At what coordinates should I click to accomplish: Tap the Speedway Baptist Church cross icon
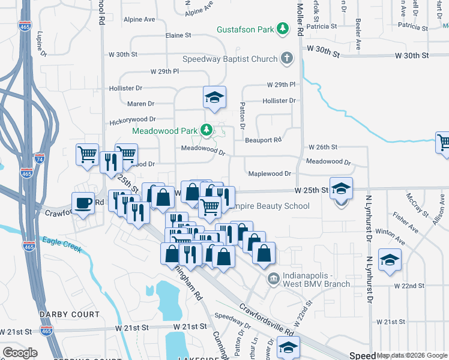click(287, 58)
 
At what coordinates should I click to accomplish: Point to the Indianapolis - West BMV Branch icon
click(273, 278)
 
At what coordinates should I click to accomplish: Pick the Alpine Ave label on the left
click(140, 19)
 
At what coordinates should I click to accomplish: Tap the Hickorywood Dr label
click(133, 121)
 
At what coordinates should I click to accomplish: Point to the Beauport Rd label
click(264, 140)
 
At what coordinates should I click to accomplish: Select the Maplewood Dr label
click(270, 173)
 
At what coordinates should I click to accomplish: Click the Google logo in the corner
click(20, 353)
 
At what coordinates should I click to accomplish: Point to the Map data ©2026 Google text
click(412, 355)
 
